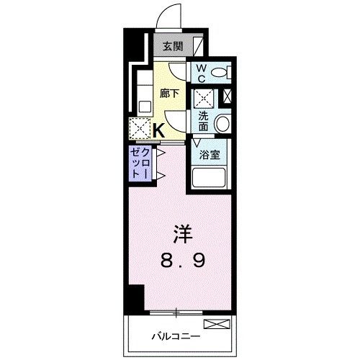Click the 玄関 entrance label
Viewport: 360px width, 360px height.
(173, 47)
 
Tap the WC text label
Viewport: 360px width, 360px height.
(202, 73)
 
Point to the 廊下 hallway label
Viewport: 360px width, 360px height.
(169, 94)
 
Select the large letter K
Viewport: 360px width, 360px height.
(159, 130)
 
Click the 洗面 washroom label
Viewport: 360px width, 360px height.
(203, 122)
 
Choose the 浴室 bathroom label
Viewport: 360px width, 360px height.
(210, 155)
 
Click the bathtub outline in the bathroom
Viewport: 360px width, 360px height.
(209, 178)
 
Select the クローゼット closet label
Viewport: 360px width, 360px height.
(140, 163)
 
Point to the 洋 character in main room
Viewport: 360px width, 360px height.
(183, 234)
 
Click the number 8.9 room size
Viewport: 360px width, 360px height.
(183, 261)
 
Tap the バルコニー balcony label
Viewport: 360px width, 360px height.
(176, 336)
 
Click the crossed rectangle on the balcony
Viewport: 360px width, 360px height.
(217, 324)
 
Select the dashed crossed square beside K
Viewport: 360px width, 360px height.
(140, 128)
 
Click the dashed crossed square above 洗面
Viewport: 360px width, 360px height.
(204, 99)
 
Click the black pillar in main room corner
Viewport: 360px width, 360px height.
(136, 297)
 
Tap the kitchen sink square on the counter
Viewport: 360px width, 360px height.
(145, 106)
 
